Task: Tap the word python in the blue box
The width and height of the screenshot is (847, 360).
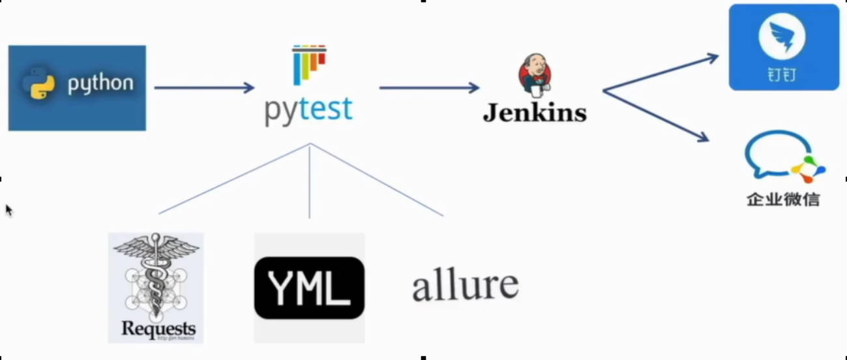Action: (x=100, y=83)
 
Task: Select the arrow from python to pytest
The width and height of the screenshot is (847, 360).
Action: (x=203, y=87)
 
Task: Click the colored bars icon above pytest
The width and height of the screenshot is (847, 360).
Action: (x=309, y=64)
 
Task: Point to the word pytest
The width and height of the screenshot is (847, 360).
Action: (x=308, y=109)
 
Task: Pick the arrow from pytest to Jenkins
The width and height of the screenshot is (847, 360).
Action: (x=429, y=87)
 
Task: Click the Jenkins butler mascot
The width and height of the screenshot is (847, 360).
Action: (x=535, y=74)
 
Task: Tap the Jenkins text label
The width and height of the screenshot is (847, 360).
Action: (x=535, y=112)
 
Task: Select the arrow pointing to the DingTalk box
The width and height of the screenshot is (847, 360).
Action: (x=660, y=72)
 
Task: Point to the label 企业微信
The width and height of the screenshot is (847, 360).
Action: (x=783, y=200)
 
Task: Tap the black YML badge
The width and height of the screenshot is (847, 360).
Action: (x=309, y=288)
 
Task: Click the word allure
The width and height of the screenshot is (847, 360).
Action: (x=466, y=285)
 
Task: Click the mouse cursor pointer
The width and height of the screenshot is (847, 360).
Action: (x=8, y=209)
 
